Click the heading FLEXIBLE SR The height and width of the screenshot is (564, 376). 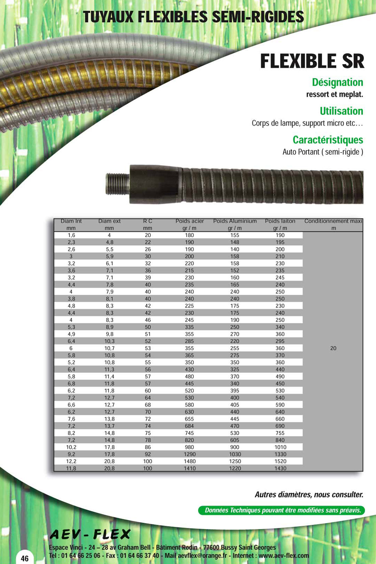(x=312, y=61)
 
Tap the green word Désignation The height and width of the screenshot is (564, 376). (x=337, y=82)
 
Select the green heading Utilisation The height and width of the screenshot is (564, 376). (x=341, y=111)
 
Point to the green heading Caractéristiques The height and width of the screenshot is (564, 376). (x=328, y=140)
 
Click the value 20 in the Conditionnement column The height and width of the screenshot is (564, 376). (x=333, y=348)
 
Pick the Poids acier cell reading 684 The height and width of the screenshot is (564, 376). (x=190, y=426)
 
